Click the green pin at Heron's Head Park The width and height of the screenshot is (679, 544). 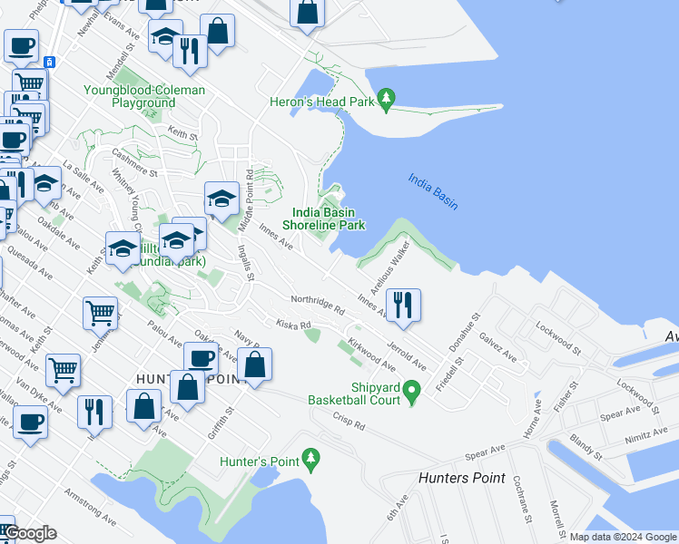click(x=387, y=100)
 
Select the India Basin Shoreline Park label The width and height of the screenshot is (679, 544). click(x=323, y=219)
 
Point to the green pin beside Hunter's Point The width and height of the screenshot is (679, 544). click(x=311, y=460)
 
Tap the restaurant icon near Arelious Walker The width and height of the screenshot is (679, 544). click(x=404, y=305)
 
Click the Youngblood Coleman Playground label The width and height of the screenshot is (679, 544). click(x=143, y=97)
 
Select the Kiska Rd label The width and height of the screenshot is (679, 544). click(x=294, y=323)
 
